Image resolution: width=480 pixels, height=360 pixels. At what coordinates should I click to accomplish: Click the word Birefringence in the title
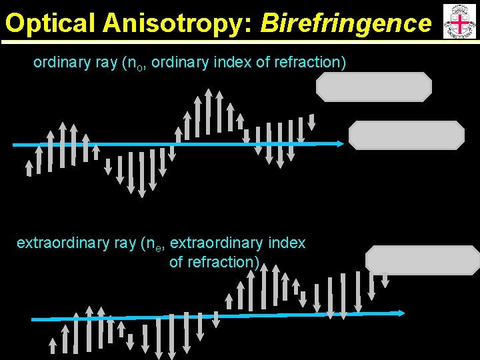click(346, 23)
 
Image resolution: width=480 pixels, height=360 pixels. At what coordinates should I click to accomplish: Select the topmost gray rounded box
click(374, 87)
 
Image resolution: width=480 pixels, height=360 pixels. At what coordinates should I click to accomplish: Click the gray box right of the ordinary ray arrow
click(407, 135)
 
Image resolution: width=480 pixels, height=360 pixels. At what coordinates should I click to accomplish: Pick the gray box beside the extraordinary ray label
click(423, 260)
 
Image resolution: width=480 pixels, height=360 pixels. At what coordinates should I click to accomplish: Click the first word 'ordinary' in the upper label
click(59, 63)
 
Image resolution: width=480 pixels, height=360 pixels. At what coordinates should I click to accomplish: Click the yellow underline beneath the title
click(220, 42)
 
